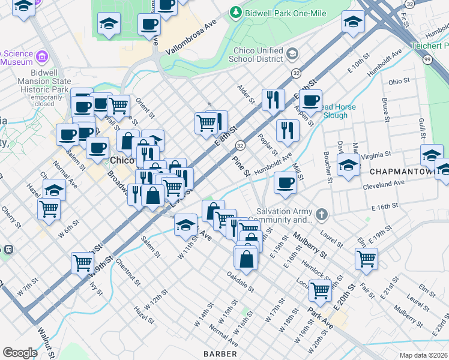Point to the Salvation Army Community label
285,215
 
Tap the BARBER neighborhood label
220,354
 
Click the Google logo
20,353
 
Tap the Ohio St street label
399,81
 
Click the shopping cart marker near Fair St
366,258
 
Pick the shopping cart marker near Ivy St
82,262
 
